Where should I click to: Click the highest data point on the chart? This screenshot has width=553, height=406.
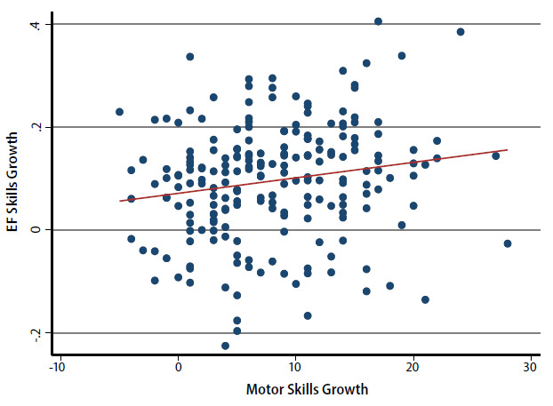[378, 21]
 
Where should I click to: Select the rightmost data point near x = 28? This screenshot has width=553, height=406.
[508, 243]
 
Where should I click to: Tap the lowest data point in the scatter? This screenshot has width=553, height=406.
[225, 346]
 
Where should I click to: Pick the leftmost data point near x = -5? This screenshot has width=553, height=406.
[119, 112]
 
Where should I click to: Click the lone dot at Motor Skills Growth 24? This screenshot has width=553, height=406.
[461, 32]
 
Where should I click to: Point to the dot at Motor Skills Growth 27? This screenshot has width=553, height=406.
[496, 155]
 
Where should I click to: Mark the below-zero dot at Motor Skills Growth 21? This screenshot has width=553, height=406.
[425, 299]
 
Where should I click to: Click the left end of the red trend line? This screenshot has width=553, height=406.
[120, 201]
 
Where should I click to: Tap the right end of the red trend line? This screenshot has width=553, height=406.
[507, 150]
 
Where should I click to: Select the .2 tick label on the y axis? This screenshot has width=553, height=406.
[36, 127]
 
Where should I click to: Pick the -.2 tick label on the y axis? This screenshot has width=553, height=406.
[36, 332]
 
